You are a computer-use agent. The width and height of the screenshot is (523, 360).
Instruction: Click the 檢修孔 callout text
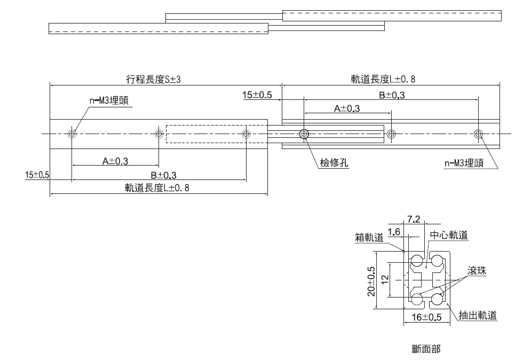[334, 163]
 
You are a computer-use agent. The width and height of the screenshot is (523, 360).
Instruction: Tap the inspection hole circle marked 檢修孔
[304, 134]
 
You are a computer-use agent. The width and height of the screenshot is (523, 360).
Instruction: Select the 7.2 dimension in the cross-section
[414, 219]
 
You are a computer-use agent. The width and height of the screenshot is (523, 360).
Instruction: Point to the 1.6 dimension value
[394, 232]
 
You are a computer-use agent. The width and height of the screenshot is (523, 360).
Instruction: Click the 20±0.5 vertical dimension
[373, 281]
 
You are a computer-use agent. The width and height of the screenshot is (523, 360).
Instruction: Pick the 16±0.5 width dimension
[427, 317]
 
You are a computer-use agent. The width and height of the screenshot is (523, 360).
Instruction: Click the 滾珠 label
[477, 271]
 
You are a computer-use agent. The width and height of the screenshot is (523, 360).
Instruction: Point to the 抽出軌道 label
[478, 315]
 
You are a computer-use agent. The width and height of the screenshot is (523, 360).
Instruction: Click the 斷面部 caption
[426, 349]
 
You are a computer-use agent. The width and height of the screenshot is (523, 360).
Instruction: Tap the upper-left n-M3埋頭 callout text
[109, 100]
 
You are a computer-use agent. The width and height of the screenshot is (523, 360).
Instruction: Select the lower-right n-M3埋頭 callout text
[464, 163]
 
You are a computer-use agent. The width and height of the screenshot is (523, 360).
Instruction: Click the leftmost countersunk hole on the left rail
[72, 134]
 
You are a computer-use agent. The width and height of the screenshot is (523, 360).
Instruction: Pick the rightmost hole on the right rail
[478, 134]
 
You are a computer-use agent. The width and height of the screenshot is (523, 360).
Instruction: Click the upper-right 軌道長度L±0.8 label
[383, 80]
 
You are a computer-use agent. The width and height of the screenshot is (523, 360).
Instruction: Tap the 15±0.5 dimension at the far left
[37, 175]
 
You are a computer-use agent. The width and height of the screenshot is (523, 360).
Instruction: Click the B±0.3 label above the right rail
[392, 95]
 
